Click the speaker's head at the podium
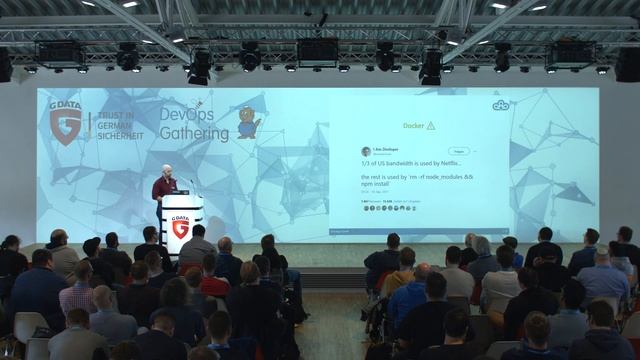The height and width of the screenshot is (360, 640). coord(166,171)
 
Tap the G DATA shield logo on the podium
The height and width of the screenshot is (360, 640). coord(181,228)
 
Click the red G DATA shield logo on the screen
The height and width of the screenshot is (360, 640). coord(66,126)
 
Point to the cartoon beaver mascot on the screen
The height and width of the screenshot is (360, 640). coord(247,122)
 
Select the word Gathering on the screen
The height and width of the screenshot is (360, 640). coord(194,135)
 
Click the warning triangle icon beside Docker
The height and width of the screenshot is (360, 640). coord(431,126)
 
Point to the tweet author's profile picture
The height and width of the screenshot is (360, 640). coord(366,151)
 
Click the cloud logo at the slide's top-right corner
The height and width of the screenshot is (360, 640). coord(501,105)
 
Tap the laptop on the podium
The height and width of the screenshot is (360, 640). coord(181,190)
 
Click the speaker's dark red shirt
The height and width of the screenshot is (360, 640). coord(163,187)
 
